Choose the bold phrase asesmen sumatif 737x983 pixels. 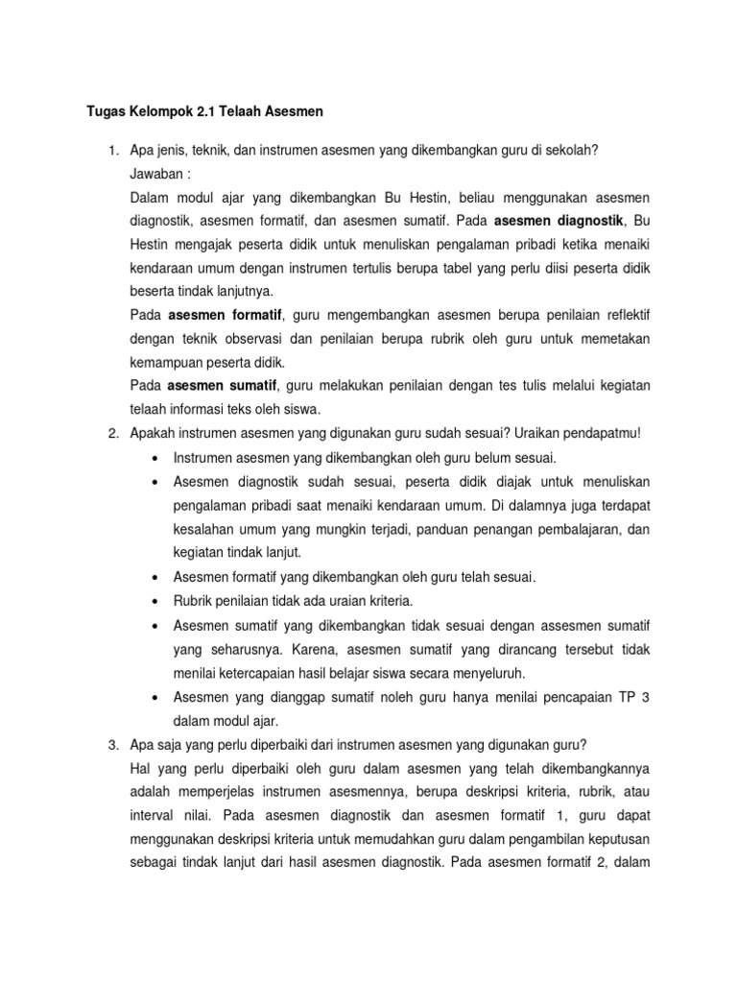tap(223, 386)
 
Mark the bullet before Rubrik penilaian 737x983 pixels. tap(155, 601)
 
